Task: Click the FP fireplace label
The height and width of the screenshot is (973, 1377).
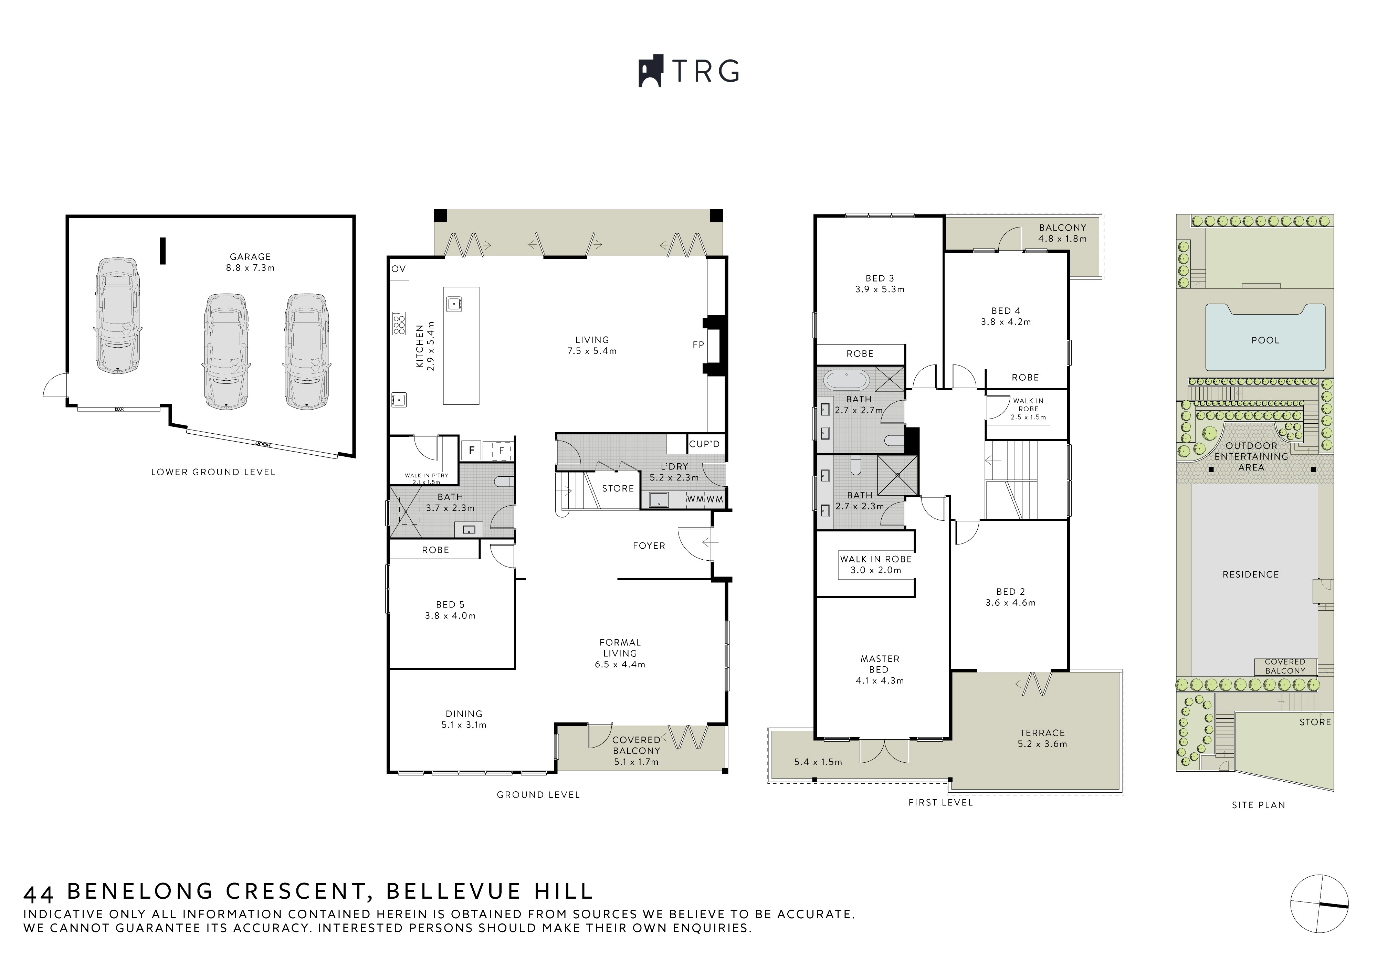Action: (x=698, y=345)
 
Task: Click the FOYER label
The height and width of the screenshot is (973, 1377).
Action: (x=649, y=546)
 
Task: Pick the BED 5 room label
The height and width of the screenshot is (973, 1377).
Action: (x=450, y=604)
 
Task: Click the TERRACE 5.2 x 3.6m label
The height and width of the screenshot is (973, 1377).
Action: (x=1042, y=738)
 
